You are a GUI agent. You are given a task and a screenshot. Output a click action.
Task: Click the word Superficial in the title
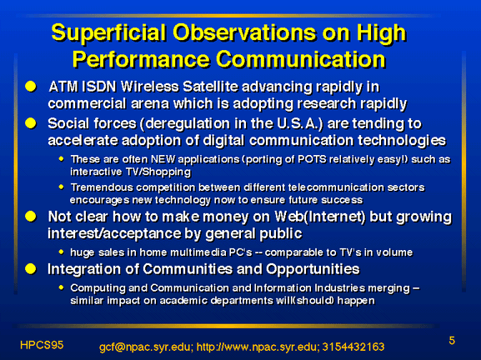[108, 32]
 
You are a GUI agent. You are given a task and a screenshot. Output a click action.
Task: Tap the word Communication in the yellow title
[301, 58]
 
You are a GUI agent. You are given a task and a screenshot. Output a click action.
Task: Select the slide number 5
[452, 341]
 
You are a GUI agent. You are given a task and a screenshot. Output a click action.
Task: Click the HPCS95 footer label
[42, 345]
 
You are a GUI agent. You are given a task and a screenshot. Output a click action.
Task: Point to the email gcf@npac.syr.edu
[146, 347]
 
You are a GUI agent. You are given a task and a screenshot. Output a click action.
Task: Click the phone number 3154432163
[353, 347]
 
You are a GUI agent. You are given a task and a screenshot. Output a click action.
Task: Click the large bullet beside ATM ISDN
[31, 87]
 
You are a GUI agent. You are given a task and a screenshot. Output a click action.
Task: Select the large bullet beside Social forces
[31, 123]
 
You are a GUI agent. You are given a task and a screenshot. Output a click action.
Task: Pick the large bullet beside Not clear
[31, 216]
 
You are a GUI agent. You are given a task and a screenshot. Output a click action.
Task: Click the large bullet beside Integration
[31, 269]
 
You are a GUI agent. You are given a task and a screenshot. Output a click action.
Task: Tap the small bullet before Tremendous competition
[62, 187]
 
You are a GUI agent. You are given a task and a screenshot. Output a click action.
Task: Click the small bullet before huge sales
[62, 252]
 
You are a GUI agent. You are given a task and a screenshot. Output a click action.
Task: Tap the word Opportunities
[313, 269]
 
